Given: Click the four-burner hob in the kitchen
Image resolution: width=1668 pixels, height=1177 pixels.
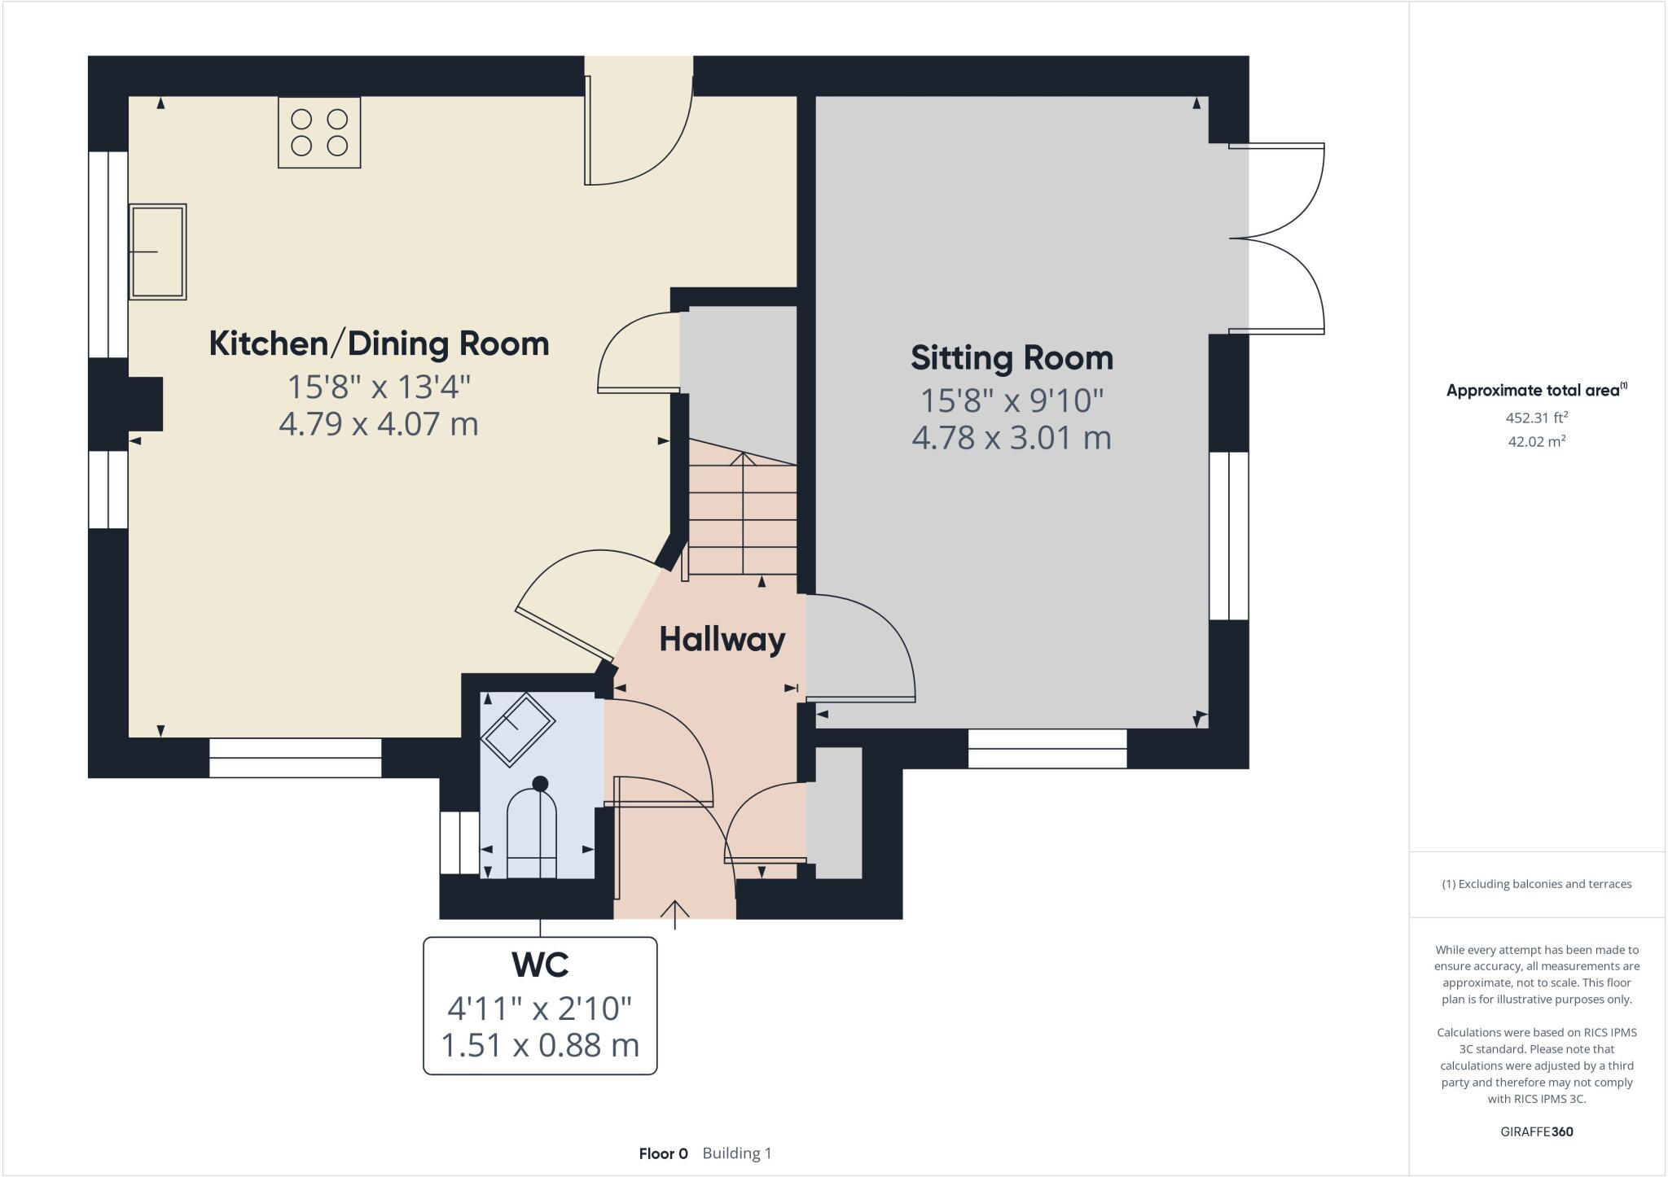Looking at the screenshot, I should [319, 133].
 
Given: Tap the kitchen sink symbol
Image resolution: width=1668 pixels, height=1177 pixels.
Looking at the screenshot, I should [157, 252].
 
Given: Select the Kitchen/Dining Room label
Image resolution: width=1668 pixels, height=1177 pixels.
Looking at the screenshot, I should [379, 343].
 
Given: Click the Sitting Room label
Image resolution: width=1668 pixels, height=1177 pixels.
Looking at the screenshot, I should [1012, 358].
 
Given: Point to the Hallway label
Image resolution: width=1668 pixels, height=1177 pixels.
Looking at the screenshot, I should [722, 639].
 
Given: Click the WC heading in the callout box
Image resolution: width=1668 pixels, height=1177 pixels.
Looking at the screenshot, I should [540, 965].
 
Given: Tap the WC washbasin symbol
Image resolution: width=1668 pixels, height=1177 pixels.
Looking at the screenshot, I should [517, 729].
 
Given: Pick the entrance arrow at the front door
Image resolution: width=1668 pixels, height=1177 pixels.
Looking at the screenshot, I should [675, 913].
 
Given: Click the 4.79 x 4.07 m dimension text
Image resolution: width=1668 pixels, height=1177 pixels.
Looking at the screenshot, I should [379, 424].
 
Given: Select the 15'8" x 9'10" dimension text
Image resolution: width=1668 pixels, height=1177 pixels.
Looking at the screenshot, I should [1012, 400].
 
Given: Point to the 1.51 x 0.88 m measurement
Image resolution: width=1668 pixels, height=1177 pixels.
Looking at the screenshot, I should [540, 1045].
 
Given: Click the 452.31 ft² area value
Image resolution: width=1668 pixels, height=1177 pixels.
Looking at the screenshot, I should [1537, 418].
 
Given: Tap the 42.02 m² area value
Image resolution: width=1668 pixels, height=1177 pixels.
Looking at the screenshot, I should [1537, 442].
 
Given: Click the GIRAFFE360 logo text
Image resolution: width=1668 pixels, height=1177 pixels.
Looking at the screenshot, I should [1537, 1131].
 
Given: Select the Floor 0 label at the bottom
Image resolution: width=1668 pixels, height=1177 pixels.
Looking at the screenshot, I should [663, 1153].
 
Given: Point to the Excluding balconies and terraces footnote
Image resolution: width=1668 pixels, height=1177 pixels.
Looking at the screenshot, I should [1537, 884].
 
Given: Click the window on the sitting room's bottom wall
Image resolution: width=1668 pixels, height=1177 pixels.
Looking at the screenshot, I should [1047, 748].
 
